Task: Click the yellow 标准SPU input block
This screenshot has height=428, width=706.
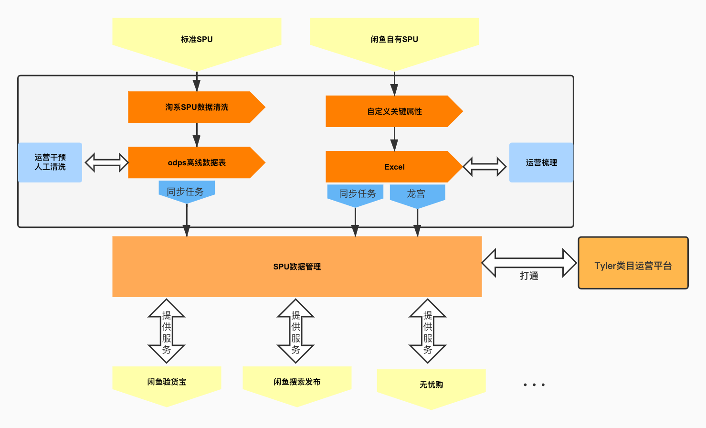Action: coord(197,40)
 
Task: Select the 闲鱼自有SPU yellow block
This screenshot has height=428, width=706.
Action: coord(394,40)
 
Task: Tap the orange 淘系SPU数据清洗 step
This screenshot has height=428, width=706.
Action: coord(197,107)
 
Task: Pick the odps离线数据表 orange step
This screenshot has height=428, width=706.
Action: coord(197,163)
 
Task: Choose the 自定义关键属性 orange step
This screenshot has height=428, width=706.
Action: coord(394,112)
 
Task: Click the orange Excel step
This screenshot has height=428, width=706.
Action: coord(394,167)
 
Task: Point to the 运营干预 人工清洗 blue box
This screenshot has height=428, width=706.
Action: coord(50,162)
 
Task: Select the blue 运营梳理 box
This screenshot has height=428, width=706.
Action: coord(541,163)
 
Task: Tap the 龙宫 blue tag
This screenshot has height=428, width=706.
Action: coord(416,194)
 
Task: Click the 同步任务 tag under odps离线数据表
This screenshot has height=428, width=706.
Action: coord(186,192)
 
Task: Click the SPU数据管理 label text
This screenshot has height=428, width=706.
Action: coord(297,267)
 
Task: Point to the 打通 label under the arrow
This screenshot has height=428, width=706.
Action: coord(529,276)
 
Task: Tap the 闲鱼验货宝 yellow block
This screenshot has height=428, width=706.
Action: coord(167,382)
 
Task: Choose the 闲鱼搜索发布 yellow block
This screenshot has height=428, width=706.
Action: coord(297,382)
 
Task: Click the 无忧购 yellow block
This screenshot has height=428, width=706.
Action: coord(431,385)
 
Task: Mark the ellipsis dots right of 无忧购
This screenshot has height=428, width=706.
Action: coord(534,385)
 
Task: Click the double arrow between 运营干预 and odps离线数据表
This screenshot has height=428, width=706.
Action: coord(106,162)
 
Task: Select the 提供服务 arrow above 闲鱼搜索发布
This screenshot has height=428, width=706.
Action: coord(296,332)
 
